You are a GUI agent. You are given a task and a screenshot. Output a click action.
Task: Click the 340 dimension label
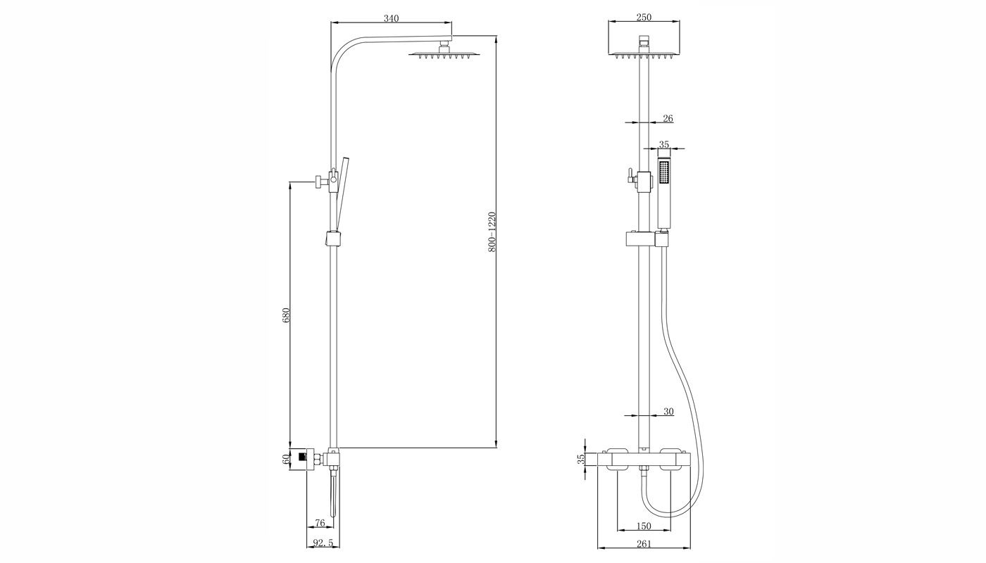tap(391, 18)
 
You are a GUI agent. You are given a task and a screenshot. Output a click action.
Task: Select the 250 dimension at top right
tap(644, 17)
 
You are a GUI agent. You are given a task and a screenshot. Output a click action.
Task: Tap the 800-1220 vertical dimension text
tap(492, 232)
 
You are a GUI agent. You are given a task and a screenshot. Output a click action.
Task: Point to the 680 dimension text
tap(286, 315)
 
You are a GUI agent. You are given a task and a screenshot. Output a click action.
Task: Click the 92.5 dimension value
tap(323, 543)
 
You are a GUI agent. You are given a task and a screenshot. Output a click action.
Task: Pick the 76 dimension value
tap(320, 522)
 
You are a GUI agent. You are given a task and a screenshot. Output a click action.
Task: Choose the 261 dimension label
tap(644, 543)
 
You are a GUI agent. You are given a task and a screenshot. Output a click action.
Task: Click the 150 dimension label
tap(644, 526)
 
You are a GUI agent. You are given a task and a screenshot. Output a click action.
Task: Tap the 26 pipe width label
tap(668, 118)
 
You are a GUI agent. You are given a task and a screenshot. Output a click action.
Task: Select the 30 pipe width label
tap(668, 412)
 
